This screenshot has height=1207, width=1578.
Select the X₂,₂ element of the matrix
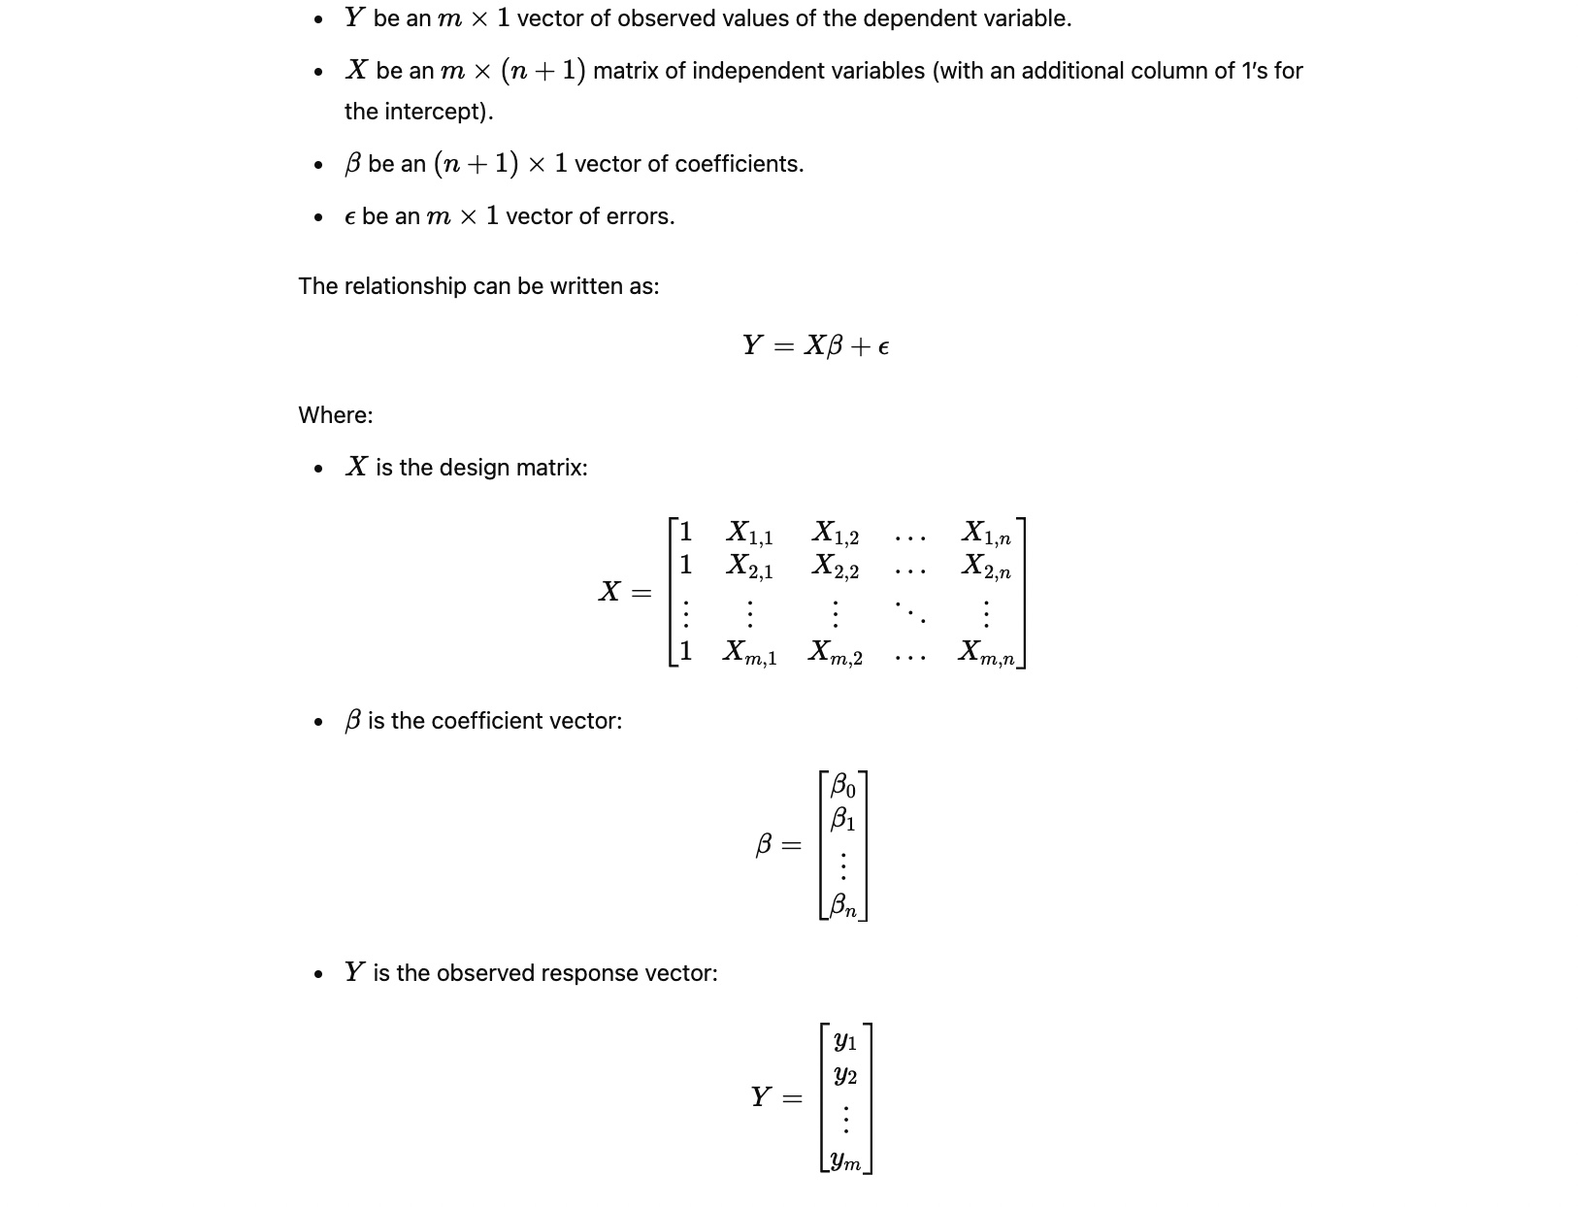[835, 566]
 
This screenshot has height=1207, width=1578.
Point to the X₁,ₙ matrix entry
[985, 533]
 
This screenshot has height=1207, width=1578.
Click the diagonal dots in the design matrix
[910, 611]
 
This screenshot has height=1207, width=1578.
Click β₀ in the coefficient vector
[842, 784]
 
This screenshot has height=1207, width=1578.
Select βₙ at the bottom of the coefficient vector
[842, 905]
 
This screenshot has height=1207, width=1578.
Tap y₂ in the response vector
[845, 1075]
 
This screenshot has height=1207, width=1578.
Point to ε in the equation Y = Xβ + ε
[882, 346]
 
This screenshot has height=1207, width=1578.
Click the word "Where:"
[335, 415]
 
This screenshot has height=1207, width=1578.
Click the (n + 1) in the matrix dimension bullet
[542, 71]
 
